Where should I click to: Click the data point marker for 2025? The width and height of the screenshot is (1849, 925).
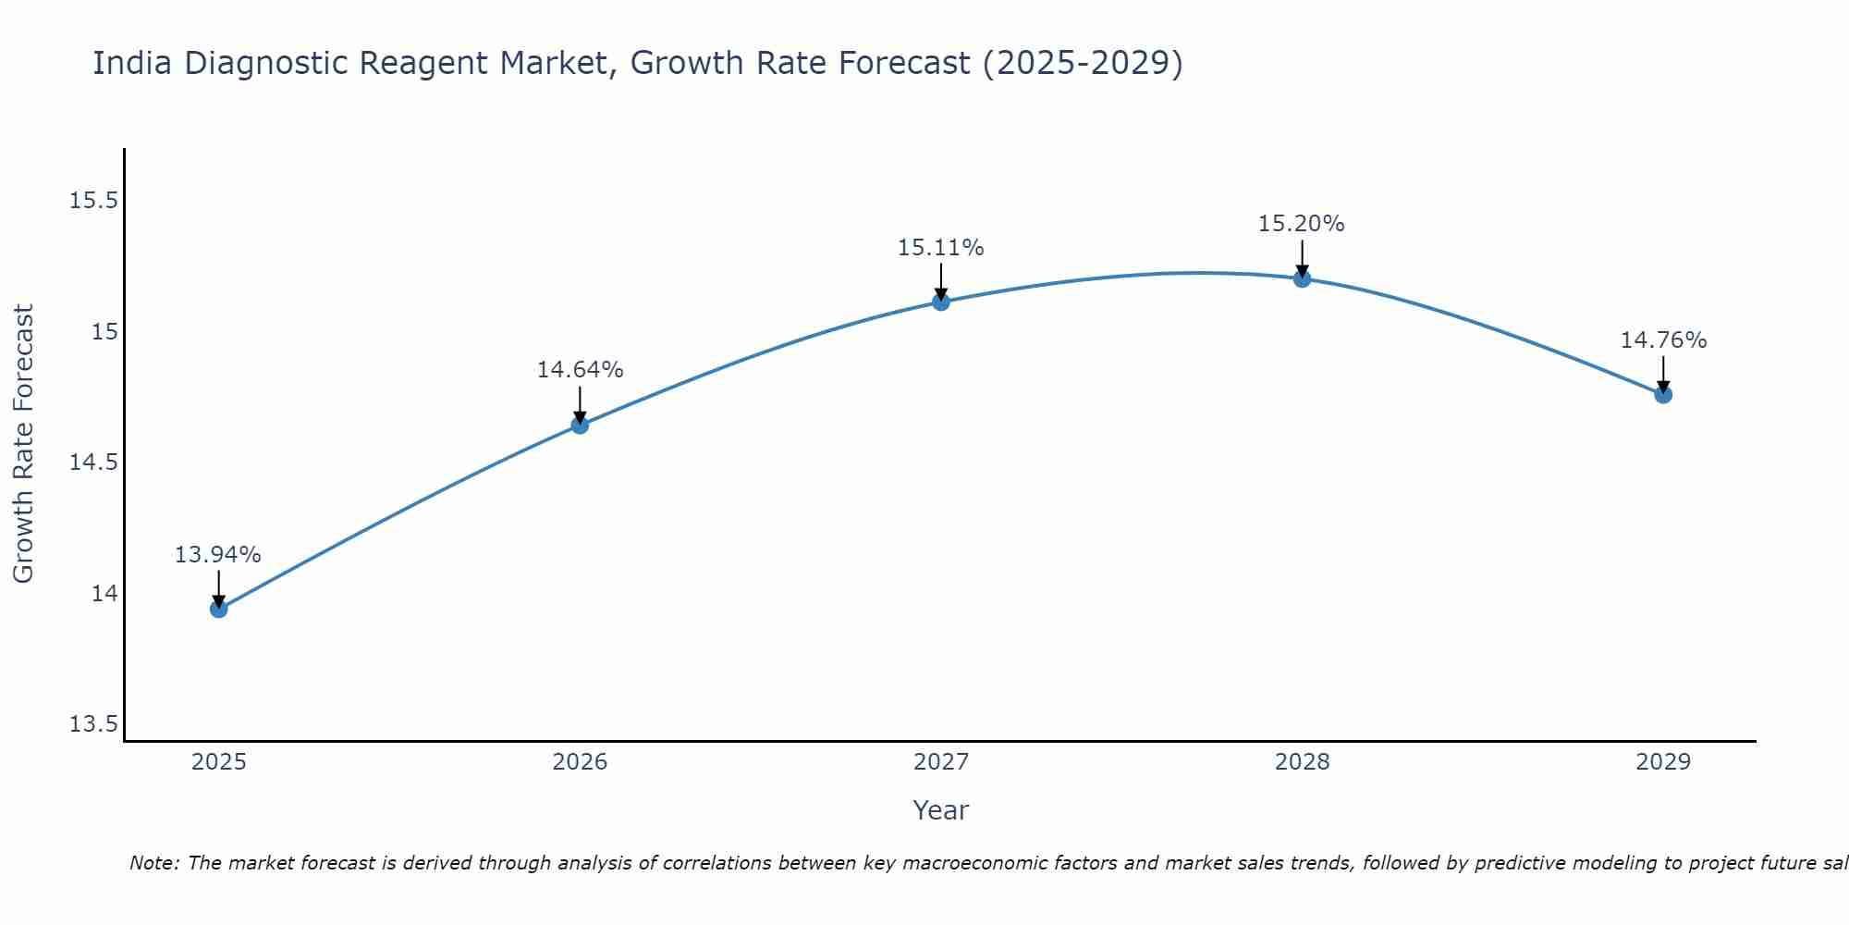point(219,609)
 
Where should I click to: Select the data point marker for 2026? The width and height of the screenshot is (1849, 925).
point(580,425)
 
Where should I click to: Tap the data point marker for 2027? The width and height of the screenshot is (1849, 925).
point(941,302)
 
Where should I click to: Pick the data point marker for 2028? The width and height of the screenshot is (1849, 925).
point(1302,278)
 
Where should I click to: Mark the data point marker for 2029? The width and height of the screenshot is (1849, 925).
point(1663,395)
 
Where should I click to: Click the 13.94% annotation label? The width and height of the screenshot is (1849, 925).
point(218,555)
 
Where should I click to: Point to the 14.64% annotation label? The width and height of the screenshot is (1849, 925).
point(580,370)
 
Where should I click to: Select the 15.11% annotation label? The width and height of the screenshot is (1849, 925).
point(941,248)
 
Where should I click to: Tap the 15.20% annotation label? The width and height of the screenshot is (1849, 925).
point(1302,224)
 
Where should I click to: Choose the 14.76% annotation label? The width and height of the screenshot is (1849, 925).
point(1663,340)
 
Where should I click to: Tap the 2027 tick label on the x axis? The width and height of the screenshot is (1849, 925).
point(941,762)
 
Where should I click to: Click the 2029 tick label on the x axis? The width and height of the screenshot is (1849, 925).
point(1663,762)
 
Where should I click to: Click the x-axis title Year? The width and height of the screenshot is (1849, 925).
point(941,810)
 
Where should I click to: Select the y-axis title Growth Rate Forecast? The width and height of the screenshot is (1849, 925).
point(23,444)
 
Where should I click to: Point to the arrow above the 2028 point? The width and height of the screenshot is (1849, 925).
point(1302,258)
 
